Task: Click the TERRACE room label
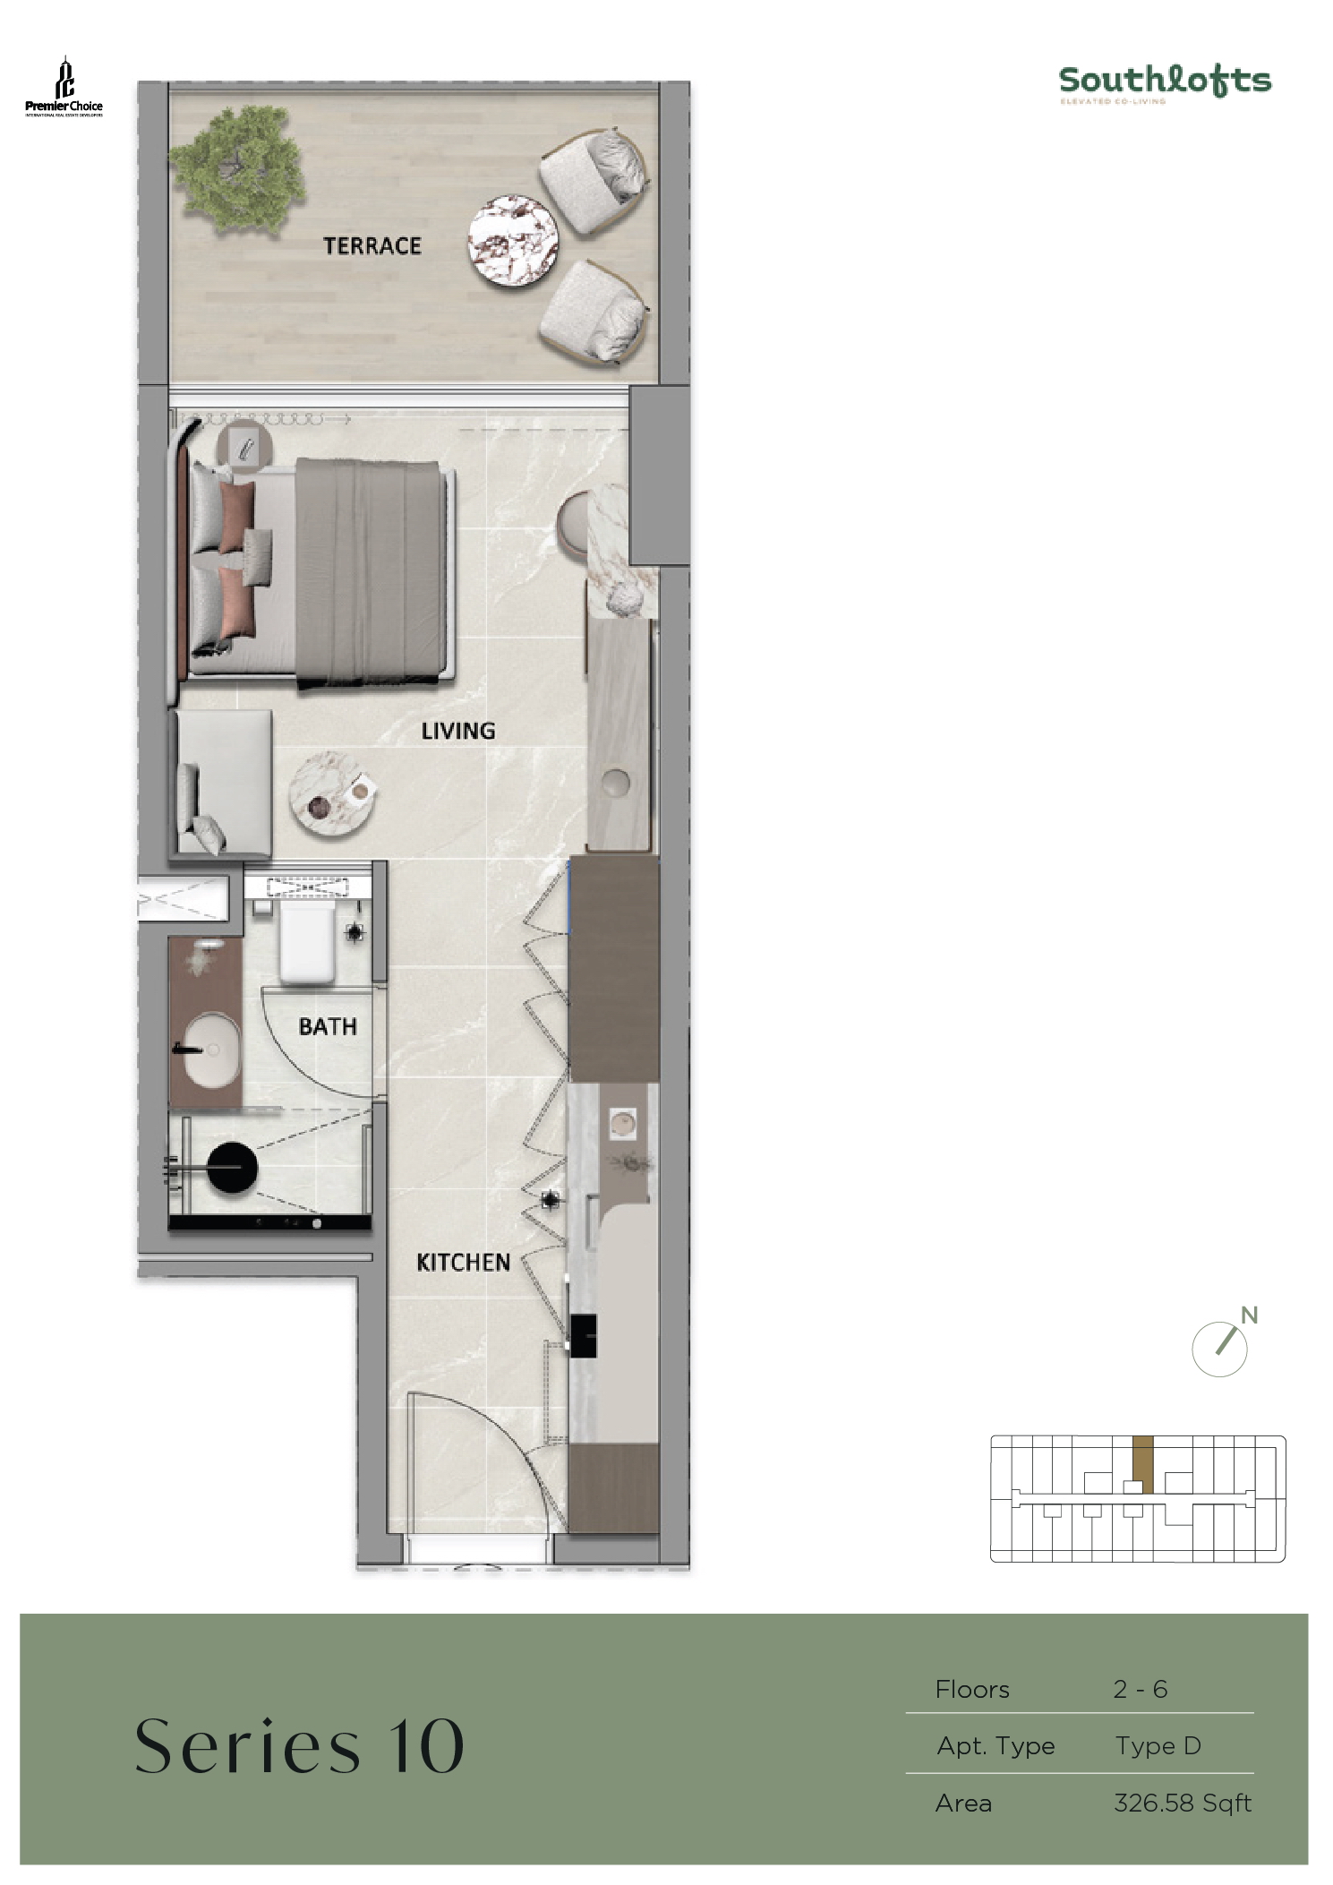[372, 245]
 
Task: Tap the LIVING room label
[457, 731]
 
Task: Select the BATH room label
[328, 1026]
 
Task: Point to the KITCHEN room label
[463, 1262]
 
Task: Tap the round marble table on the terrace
[513, 242]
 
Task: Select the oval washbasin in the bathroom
[213, 1048]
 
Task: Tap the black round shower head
[232, 1167]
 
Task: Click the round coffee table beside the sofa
[331, 794]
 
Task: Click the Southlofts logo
[1165, 83]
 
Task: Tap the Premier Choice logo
[64, 88]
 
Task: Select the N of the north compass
[1249, 1315]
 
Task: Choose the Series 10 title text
[299, 1746]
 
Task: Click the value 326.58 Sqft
[1182, 1803]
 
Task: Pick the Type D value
[1158, 1745]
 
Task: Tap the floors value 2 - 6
[1140, 1689]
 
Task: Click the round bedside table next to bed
[245, 443]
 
